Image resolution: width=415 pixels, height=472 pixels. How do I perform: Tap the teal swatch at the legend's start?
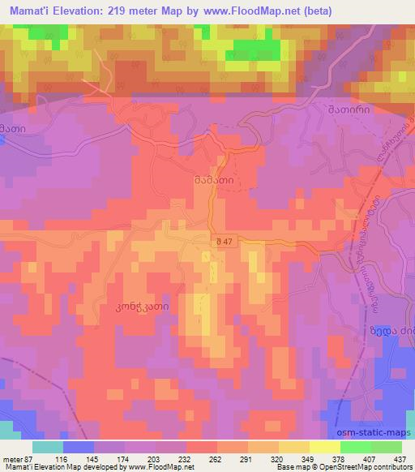click(47, 446)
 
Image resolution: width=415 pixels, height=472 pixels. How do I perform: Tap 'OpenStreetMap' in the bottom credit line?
click(338, 466)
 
